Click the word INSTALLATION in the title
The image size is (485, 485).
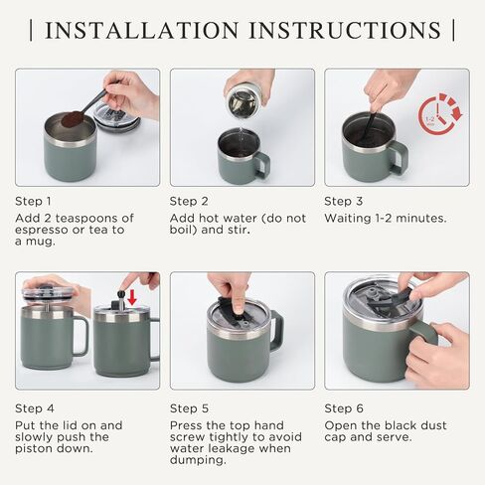click(143, 30)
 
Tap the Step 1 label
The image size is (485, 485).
click(35, 200)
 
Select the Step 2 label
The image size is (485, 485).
click(189, 200)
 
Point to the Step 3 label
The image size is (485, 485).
click(344, 200)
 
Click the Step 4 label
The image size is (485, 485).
click(35, 407)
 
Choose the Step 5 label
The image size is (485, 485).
click(189, 407)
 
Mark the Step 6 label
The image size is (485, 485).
click(344, 407)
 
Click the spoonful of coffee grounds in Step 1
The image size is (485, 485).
click(72, 119)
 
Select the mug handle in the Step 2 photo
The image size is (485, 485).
click(261, 163)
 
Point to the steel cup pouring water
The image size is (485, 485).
click(242, 99)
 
